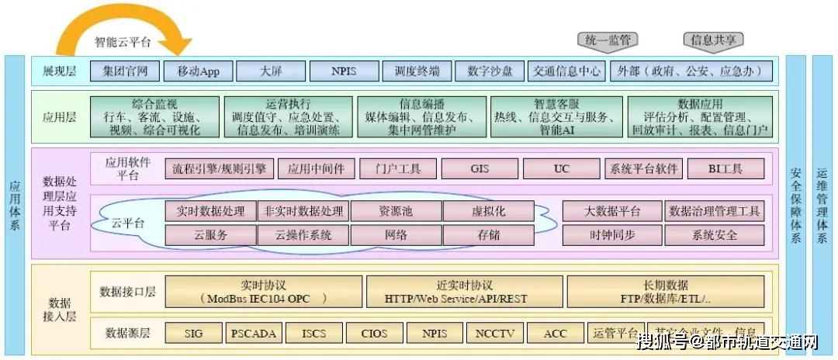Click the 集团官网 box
[124, 71]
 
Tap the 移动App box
[198, 71]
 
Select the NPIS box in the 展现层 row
[344, 71]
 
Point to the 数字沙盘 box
[490, 71]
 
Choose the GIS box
[479, 168]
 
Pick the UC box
[561, 168]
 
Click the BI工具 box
[725, 168]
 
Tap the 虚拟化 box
[489, 211]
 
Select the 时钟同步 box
[611, 234]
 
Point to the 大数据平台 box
[611, 211]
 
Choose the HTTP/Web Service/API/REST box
[455, 292]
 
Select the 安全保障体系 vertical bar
[795, 206]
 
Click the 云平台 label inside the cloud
[127, 223]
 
